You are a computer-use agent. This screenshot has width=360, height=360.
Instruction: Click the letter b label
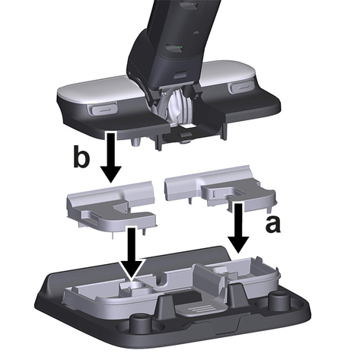tap(81, 156)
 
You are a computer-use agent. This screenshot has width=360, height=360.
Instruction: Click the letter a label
tap(272, 225)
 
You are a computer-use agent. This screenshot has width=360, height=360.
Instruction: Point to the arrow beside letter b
tap(111, 158)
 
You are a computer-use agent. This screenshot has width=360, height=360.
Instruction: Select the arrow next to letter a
tap(238, 228)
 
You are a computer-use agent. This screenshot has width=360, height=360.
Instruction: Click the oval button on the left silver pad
tap(103, 110)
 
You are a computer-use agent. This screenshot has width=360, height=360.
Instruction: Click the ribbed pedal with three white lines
tap(200, 307)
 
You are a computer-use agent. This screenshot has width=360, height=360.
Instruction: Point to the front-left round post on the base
tap(139, 321)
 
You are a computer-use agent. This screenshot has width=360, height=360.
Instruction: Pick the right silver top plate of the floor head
tap(229, 71)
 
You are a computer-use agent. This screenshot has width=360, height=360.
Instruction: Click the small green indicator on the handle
tap(180, 47)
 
